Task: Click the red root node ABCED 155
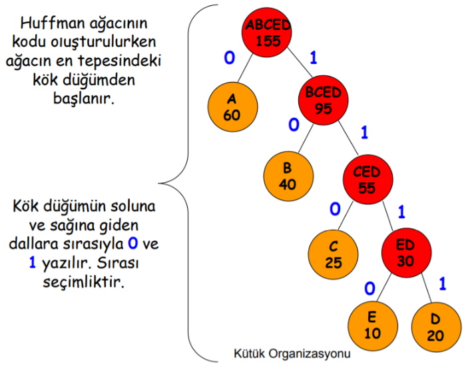(268, 32)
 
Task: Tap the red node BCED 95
(323, 100)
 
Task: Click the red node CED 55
(367, 180)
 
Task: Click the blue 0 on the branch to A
(229, 59)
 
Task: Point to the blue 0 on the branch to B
(293, 125)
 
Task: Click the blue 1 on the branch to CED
(364, 132)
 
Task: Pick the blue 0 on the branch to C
(335, 210)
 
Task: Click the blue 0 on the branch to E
(370, 288)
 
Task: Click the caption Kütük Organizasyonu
(292, 354)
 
